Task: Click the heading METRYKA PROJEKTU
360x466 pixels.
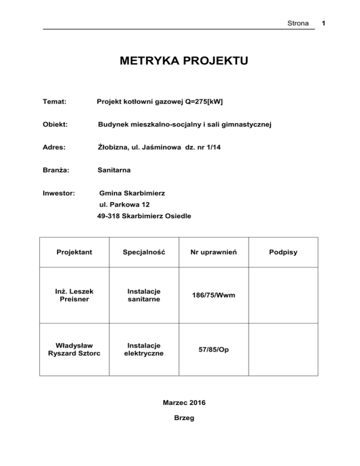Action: pos(183,61)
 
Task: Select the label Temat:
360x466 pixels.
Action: pos(54,101)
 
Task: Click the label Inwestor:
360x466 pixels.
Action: pos(60,193)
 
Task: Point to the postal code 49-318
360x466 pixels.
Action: pos(108,217)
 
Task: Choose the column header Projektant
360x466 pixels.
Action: pos(74,252)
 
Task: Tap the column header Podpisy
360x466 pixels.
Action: pos(283,252)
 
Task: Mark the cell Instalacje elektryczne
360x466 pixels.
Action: pos(143,349)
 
